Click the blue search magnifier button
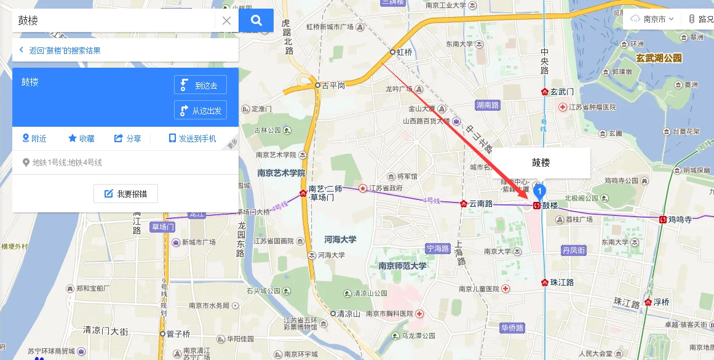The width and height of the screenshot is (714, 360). [x=256, y=20]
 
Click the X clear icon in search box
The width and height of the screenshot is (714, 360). [x=226, y=20]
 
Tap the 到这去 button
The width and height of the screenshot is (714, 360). [x=200, y=86]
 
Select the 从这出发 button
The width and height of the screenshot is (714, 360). [x=200, y=110]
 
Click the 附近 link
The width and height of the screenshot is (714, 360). [x=34, y=138]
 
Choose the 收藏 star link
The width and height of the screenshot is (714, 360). [x=81, y=138]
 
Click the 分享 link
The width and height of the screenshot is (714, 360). [x=128, y=138]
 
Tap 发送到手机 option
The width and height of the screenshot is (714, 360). [x=192, y=138]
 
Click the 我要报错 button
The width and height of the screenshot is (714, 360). [x=125, y=194]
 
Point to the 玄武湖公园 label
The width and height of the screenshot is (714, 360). [x=659, y=58]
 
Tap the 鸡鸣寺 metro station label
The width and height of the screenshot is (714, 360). [x=680, y=219]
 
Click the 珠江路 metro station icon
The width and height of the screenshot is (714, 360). [x=545, y=282]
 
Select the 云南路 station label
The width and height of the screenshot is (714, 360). [x=481, y=203]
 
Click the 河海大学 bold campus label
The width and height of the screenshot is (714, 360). [x=340, y=239]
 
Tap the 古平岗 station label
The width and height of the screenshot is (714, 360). [x=333, y=86]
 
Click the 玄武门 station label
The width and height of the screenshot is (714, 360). [x=561, y=92]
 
